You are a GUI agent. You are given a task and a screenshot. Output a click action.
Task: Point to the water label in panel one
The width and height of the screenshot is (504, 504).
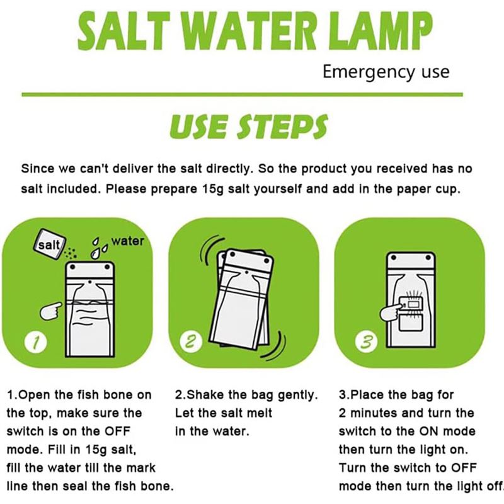tap(127, 241)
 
